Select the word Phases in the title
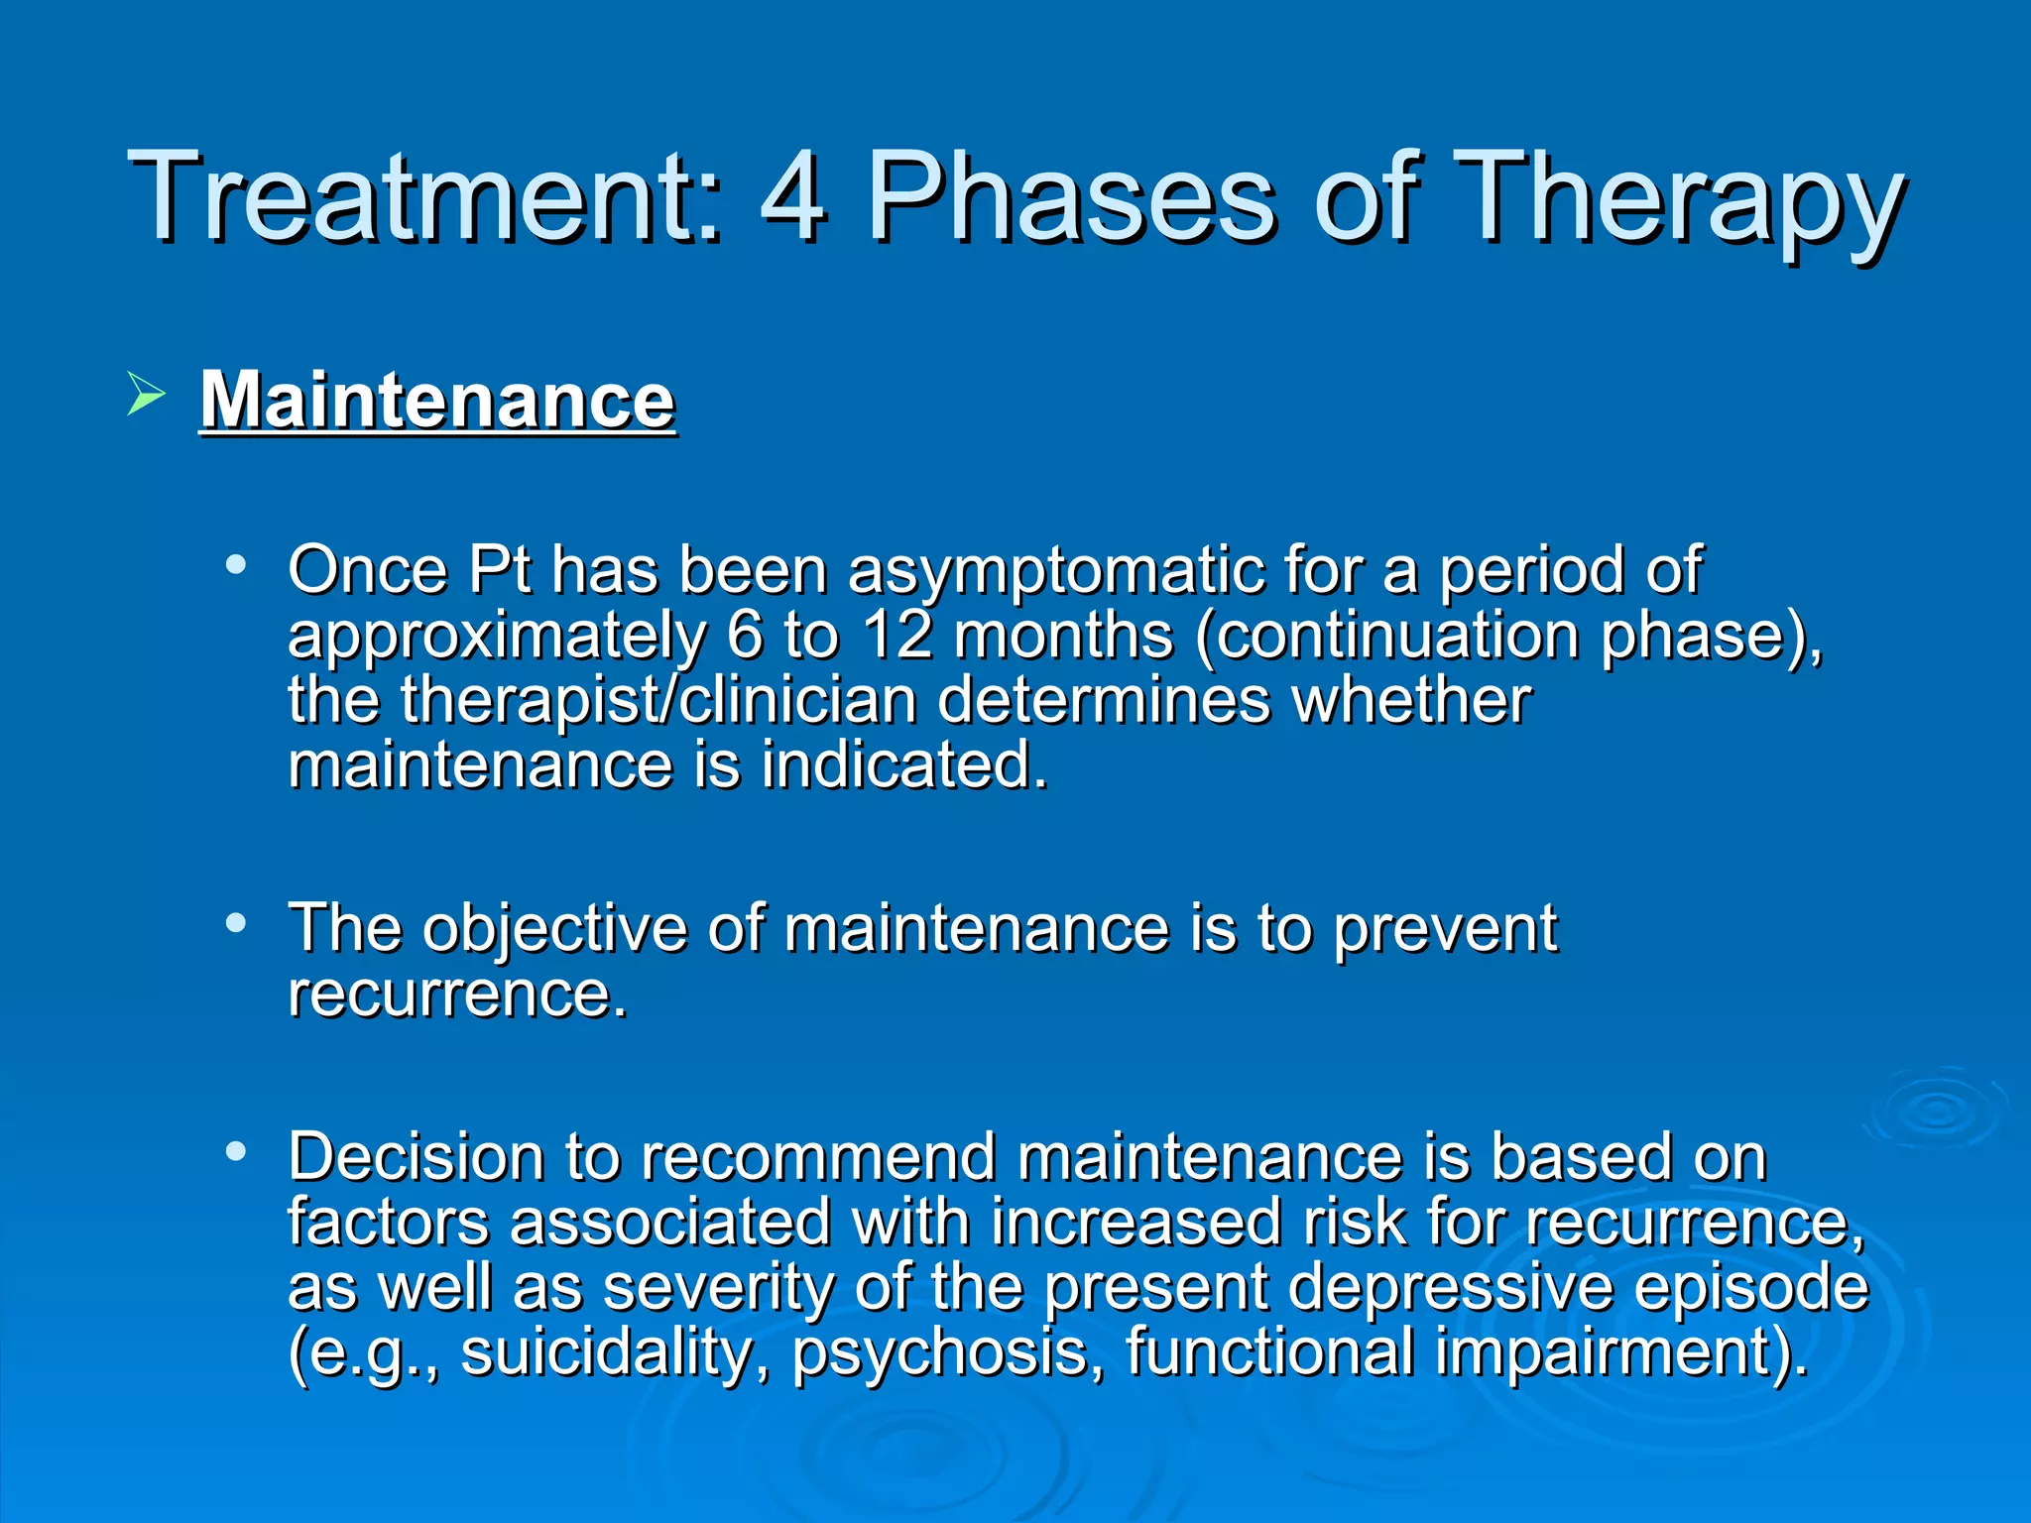point(1071,197)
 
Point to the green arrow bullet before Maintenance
point(146,396)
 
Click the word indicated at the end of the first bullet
point(902,766)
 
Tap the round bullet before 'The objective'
point(235,923)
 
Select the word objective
point(554,931)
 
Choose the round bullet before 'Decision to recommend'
point(235,1151)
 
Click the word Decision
point(417,1157)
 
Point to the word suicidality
point(606,1354)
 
